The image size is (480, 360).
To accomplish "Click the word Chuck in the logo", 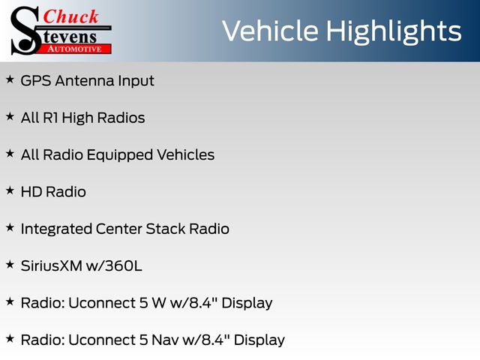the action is tap(70, 16).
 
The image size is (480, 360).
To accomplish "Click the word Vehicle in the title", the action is tap(270, 31).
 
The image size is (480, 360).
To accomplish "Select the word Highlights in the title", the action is tap(393, 32).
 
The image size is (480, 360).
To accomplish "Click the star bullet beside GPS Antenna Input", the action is tap(10, 79).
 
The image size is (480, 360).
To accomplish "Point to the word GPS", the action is tap(36, 81).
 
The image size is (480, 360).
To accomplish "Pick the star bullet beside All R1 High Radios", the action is tap(10, 117).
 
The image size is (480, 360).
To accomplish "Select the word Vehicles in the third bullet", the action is tap(185, 155).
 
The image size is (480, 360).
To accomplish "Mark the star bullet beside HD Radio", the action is tap(10, 190).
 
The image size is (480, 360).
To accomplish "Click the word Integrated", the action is tap(56, 229).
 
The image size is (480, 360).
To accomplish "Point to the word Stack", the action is tap(166, 229).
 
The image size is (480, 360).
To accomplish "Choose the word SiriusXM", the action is tap(52, 266).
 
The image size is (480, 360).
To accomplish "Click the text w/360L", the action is tap(114, 266).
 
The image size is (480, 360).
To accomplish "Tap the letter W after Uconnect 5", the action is tap(159, 303).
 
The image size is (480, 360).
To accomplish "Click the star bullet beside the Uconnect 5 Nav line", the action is tap(10, 339).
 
